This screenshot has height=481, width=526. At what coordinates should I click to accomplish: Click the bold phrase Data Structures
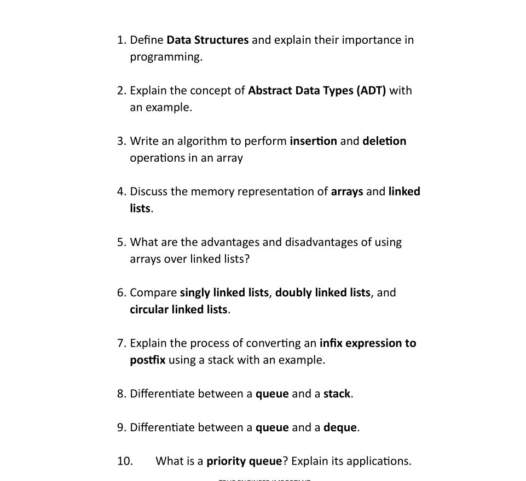[x=207, y=40]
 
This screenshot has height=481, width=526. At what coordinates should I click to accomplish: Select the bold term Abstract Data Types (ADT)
[x=317, y=90]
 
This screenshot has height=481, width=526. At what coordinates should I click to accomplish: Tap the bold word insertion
[x=313, y=141]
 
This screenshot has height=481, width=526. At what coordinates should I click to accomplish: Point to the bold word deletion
[x=384, y=141]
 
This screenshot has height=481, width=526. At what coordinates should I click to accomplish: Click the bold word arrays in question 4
[x=347, y=192]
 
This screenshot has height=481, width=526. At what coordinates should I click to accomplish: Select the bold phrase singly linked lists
[x=224, y=292]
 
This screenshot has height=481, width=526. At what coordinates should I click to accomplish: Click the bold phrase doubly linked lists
[x=322, y=292]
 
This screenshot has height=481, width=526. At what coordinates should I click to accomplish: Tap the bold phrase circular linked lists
[x=178, y=309]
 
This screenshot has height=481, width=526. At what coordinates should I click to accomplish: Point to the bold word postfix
[x=147, y=360]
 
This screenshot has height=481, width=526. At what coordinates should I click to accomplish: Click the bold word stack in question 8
[x=337, y=394]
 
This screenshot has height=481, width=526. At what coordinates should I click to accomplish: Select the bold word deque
[x=340, y=427]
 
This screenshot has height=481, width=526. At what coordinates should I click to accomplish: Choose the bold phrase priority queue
[x=244, y=461]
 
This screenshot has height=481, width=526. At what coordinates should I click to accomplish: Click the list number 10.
[x=124, y=461]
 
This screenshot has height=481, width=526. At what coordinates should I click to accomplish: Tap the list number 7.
[x=122, y=343]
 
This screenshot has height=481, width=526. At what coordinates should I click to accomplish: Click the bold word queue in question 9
[x=272, y=427]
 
